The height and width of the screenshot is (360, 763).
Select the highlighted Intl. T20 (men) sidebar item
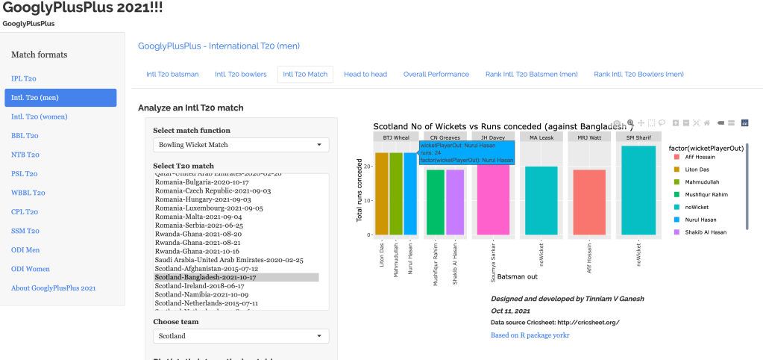point(60,97)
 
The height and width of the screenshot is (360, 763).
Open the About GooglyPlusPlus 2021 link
point(53,288)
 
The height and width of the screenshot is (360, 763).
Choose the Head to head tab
point(365,74)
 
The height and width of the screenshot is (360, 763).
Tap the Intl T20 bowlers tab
point(240,74)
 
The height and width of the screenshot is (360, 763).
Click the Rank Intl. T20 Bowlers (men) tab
point(638,74)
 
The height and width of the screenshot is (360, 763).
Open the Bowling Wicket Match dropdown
point(240,145)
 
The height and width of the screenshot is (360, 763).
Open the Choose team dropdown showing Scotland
point(240,336)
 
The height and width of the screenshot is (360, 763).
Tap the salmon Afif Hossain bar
point(590,202)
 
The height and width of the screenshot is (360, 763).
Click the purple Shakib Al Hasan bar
point(454,202)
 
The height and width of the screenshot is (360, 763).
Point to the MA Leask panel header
point(541,137)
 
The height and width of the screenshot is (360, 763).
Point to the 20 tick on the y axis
point(368,165)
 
